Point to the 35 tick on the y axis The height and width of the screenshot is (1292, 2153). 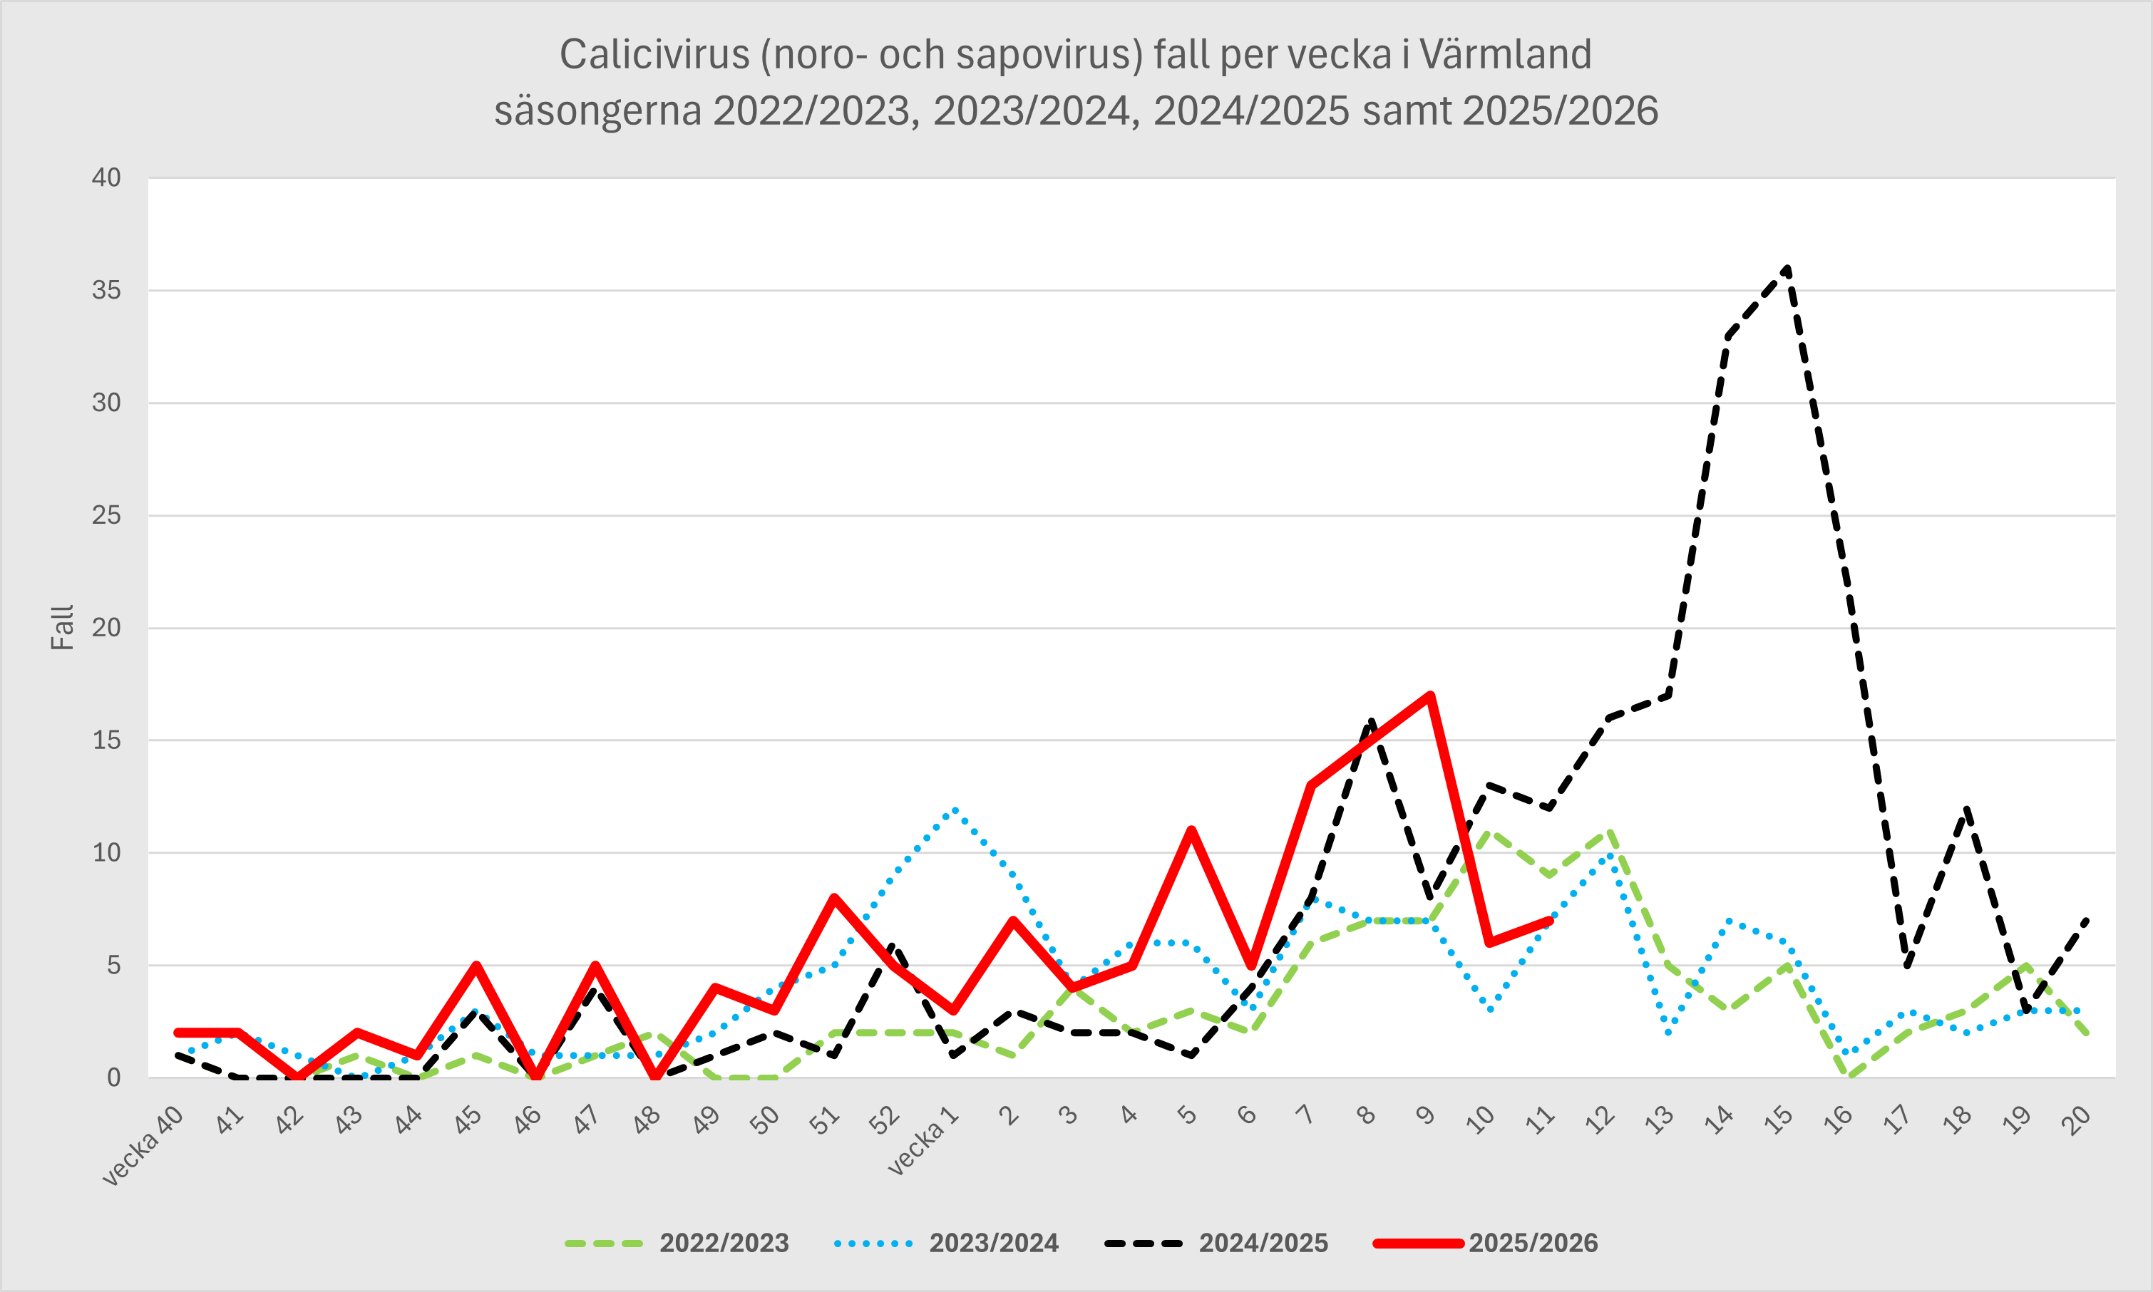click(x=106, y=291)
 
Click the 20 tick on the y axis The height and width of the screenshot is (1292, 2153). click(x=106, y=628)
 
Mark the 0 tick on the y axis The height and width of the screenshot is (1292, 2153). click(x=114, y=1077)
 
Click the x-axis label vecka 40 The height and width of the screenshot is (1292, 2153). click(x=144, y=1146)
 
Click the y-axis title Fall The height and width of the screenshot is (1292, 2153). click(x=62, y=628)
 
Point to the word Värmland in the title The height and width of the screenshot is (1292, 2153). click(x=1505, y=55)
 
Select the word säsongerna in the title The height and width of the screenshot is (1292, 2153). click(x=597, y=111)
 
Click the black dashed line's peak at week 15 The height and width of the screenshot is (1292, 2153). click(x=1787, y=268)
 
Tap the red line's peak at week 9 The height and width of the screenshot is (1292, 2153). click(x=1430, y=695)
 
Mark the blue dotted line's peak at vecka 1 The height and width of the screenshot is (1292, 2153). click(x=955, y=809)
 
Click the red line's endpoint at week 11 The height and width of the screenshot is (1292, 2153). click(x=1549, y=920)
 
